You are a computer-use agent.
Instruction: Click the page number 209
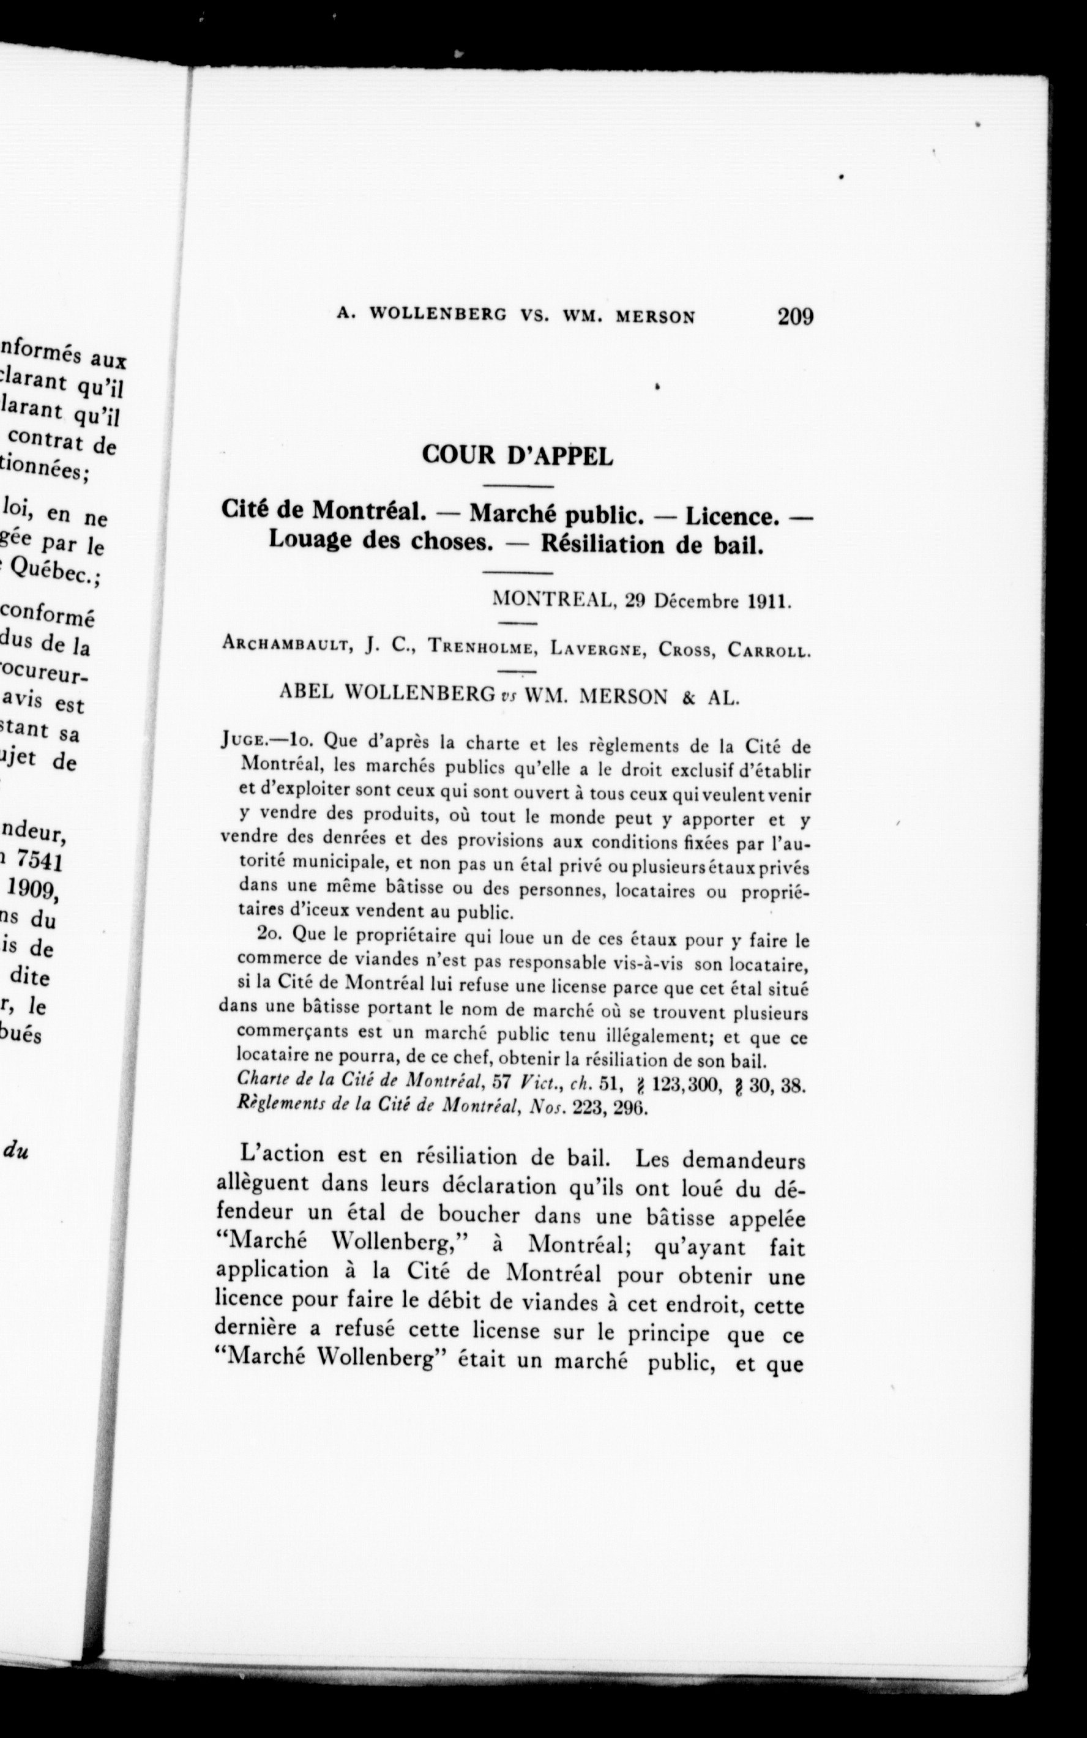(x=794, y=317)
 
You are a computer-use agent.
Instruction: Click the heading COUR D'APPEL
(x=518, y=456)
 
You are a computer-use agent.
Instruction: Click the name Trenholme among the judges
(x=482, y=647)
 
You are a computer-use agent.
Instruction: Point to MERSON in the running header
(x=655, y=317)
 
